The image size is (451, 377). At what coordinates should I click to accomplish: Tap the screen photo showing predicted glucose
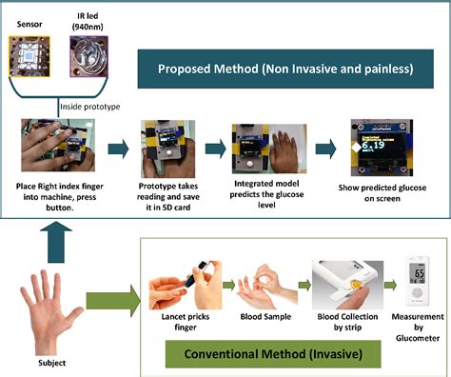coord(381,145)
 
